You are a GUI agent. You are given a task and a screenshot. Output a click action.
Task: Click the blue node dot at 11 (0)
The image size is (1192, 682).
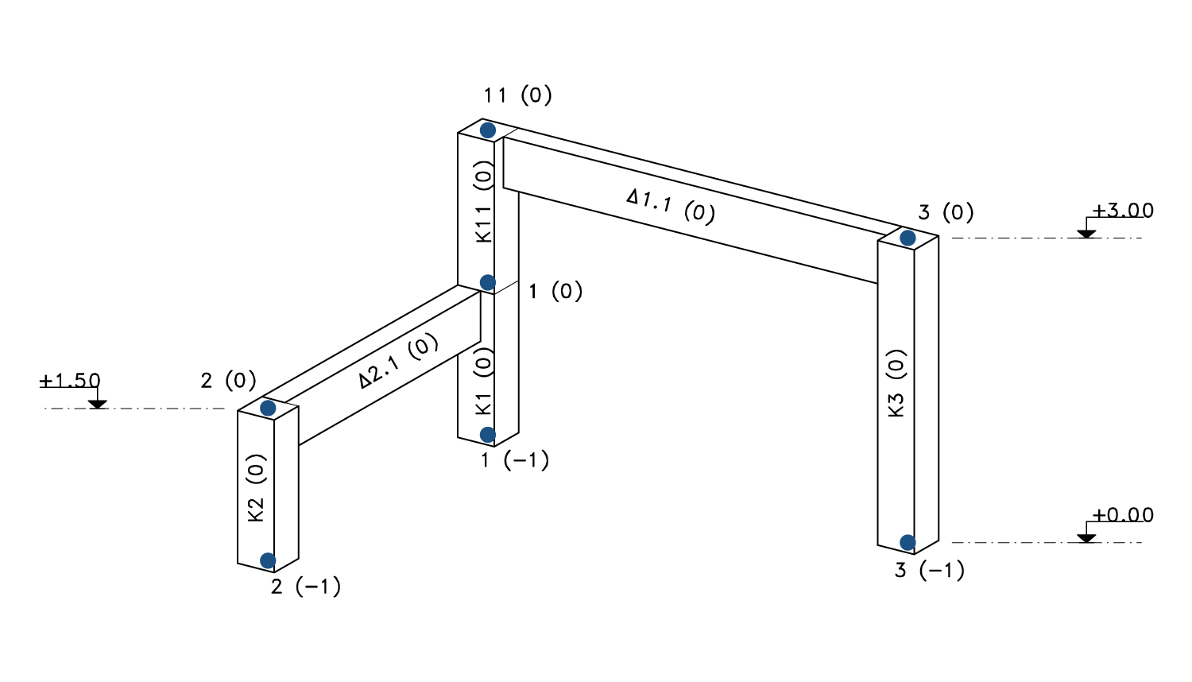488,130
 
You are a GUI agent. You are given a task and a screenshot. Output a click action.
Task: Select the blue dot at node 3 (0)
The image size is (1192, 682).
908,238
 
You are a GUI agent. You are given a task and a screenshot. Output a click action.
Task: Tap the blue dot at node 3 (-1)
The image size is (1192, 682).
908,543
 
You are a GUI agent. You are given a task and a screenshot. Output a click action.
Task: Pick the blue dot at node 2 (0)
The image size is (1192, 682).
268,409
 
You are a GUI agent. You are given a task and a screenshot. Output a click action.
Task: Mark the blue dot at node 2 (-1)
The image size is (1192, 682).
268,561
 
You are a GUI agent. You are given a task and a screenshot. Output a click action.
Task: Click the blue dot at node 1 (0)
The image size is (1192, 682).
488,283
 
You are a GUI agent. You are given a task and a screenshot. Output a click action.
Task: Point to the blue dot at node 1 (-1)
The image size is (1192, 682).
488,435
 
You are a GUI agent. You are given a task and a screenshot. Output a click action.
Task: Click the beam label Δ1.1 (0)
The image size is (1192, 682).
671,206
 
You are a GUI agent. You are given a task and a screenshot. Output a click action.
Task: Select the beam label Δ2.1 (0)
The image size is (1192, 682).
398,361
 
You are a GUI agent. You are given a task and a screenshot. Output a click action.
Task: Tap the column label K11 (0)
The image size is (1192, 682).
484,202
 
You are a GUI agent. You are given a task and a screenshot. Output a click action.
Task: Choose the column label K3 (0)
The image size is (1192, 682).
896,383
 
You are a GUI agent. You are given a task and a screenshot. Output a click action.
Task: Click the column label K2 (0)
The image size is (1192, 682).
256,487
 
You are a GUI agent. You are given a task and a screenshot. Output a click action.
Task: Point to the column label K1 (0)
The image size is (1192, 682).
484,381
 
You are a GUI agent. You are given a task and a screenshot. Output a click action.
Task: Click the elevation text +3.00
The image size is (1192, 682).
1122,211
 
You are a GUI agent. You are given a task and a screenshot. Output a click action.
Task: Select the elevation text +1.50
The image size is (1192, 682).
70,381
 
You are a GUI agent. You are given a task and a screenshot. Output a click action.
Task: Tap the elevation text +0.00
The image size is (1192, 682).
1122,515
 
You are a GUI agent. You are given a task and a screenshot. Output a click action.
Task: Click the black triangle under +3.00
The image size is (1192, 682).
1086,234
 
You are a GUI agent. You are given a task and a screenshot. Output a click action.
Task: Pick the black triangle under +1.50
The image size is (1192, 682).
98,405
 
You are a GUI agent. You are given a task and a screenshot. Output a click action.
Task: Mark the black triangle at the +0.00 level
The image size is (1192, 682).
1086,538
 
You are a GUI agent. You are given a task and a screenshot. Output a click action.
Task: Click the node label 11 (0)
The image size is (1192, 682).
517,95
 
